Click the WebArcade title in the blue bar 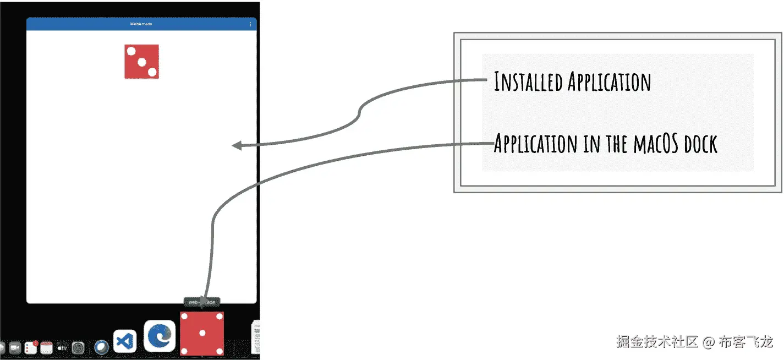(141, 24)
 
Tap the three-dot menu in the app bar (250, 24)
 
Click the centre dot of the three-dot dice (141, 62)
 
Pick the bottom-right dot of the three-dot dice (152, 72)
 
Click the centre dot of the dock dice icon (202, 334)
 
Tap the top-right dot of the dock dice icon (219, 317)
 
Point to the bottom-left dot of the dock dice (184, 351)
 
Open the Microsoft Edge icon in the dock (160, 336)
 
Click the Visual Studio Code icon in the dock (125, 341)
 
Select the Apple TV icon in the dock (62, 348)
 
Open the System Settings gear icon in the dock (78, 348)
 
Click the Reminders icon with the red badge (31, 347)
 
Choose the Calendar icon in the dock (46, 347)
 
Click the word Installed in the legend (528, 82)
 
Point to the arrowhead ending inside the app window (236, 146)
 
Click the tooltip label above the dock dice (201, 302)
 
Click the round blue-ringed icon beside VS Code (102, 347)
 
